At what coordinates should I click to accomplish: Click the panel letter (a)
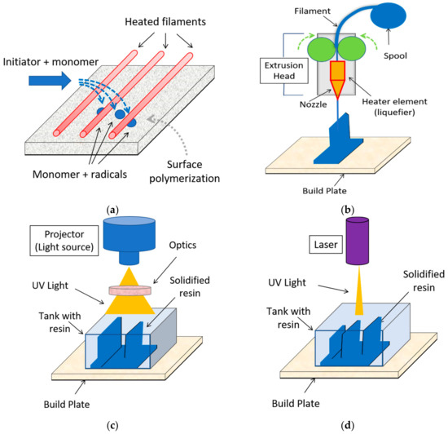tap(112, 209)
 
